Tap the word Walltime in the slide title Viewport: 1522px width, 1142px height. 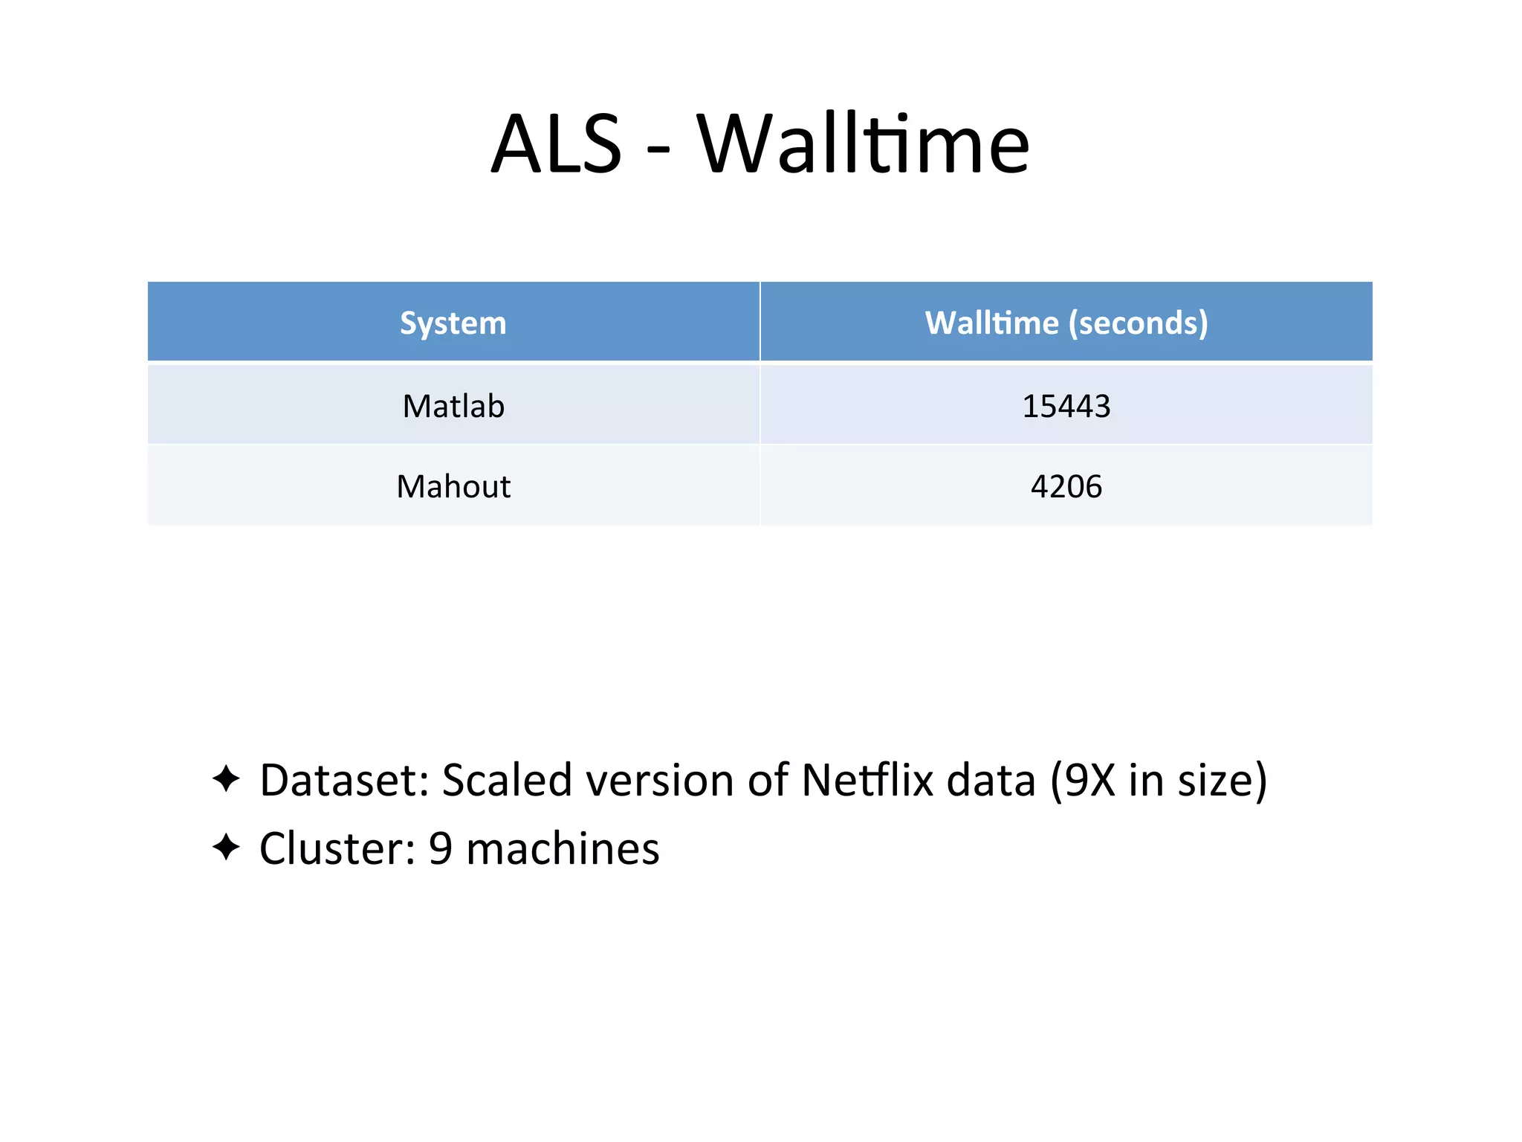pos(863,144)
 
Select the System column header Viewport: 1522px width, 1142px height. pos(453,323)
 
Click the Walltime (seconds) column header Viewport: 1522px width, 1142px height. pos(1066,323)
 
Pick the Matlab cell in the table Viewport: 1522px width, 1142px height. pos(453,407)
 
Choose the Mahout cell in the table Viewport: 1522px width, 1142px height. pos(453,487)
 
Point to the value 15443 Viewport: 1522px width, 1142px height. pos(1066,407)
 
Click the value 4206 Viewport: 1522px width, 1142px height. pos(1066,487)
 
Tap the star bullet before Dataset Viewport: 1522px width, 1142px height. pos(226,779)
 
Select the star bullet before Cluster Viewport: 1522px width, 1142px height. pos(226,847)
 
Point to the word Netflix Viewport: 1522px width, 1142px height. pos(866,781)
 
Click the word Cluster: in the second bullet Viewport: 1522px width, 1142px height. pos(337,848)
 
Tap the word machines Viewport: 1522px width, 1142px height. pos(563,848)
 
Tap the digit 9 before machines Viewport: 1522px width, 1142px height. pos(441,848)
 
